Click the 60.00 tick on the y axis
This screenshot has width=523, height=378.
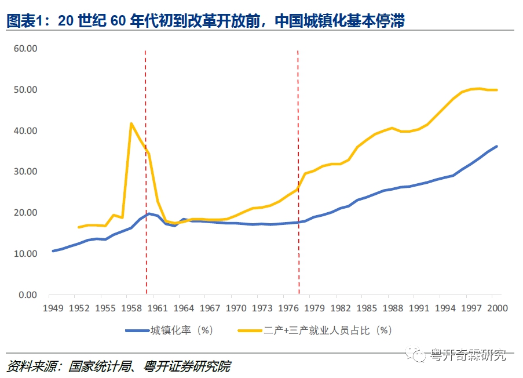(x=25, y=49)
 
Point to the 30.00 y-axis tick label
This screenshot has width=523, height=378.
(x=25, y=172)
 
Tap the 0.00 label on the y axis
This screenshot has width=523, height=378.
(x=27, y=295)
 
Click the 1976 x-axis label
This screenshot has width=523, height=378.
(x=288, y=308)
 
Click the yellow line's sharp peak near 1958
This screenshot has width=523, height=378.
(x=131, y=123)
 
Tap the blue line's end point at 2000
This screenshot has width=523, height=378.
(x=496, y=146)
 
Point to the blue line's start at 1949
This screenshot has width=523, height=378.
(x=53, y=251)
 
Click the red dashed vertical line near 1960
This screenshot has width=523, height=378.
(x=145, y=174)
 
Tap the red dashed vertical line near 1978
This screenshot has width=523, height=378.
(x=298, y=174)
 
